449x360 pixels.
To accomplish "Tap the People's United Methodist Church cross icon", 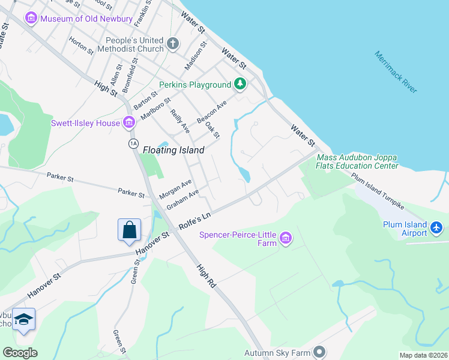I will (x=173, y=43).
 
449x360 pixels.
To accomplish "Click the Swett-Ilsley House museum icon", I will (x=128, y=123).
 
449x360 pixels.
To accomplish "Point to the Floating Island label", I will (x=173, y=150).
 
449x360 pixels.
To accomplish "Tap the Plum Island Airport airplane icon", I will (x=436, y=228).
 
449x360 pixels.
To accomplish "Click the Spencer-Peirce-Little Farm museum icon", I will (x=286, y=238).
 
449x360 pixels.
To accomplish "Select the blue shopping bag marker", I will (x=129, y=230).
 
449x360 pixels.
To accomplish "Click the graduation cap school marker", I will (x=24, y=320).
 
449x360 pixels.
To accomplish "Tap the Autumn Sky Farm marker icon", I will (x=320, y=352).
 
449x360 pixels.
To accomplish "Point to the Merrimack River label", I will (x=395, y=71).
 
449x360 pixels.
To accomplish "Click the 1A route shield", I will (x=133, y=143).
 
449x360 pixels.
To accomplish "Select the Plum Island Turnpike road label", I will (x=378, y=191).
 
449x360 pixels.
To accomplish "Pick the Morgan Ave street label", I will (x=175, y=189).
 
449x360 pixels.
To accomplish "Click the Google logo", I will (x=20, y=353).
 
